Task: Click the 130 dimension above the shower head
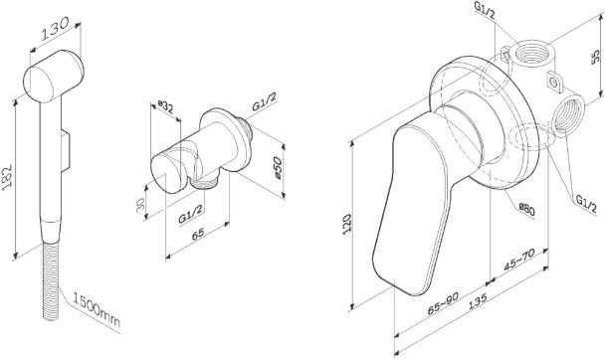pos(55,28)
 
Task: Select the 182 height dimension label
pos(7,176)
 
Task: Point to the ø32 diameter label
pos(166,106)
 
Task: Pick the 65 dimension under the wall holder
pos(198,234)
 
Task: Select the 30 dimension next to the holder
pos(140,203)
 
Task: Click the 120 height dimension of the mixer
pos(347,223)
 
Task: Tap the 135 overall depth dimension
pos(478,301)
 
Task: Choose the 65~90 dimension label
pos(443,303)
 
